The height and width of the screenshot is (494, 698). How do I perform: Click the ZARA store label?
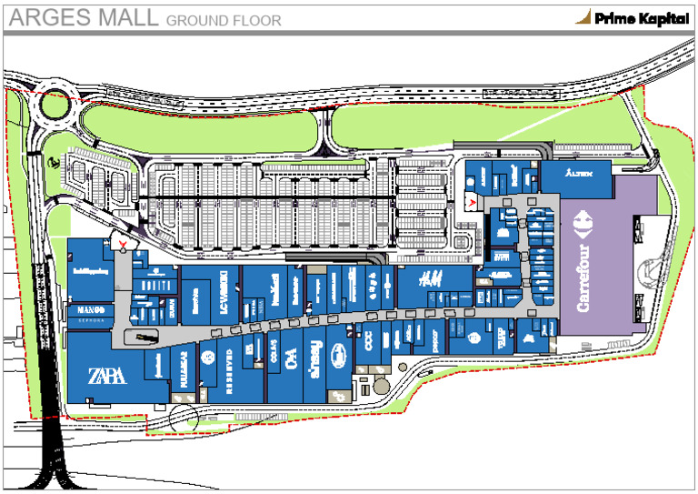point(106,376)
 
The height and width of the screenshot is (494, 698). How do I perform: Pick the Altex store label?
point(578,172)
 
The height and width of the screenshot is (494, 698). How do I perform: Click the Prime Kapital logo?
point(631,17)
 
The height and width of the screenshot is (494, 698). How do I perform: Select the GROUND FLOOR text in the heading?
point(224,20)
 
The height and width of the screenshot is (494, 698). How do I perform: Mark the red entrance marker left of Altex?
point(473,198)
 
